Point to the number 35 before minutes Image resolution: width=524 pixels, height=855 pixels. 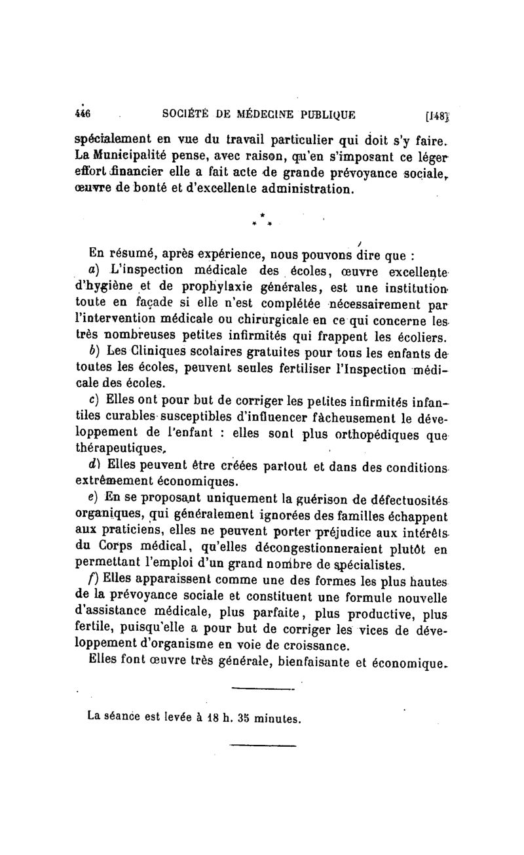point(227,717)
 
